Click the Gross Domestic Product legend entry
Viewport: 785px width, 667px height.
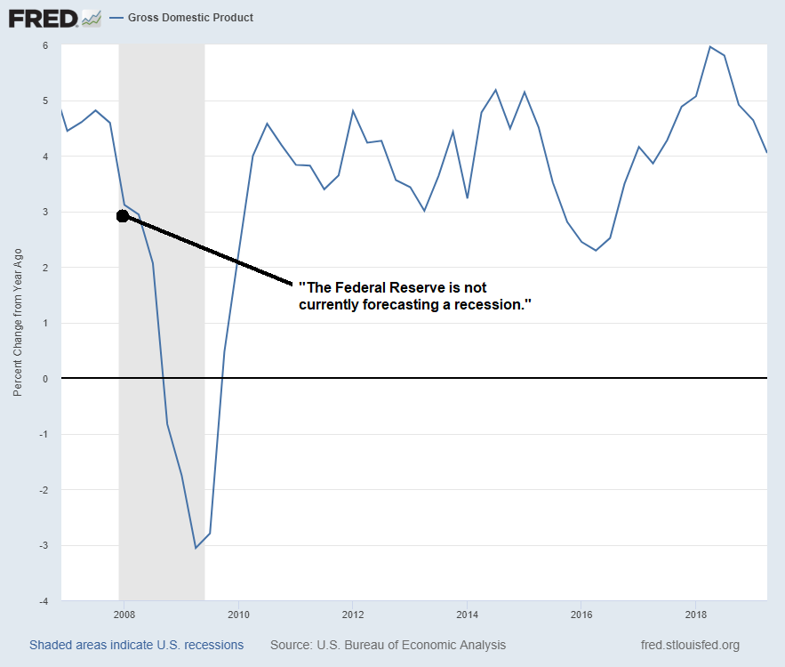tap(190, 18)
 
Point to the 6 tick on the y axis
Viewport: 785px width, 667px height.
tap(44, 45)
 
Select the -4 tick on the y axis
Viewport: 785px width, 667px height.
tap(42, 601)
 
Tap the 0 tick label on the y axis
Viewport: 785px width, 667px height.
tap(44, 379)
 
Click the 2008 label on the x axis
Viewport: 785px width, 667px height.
tap(124, 615)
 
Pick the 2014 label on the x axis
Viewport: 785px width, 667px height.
tap(467, 615)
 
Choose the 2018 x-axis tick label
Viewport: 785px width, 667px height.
tap(695, 615)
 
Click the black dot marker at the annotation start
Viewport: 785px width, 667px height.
tap(124, 216)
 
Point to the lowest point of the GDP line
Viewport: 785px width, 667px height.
tap(196, 548)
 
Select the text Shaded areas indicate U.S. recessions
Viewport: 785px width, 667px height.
tap(136, 645)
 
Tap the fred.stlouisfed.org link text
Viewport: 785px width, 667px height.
tap(690, 645)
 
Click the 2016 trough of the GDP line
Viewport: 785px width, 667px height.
tap(596, 251)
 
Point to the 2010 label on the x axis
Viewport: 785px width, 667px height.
tap(238, 615)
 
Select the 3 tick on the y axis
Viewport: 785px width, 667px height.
tap(44, 212)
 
